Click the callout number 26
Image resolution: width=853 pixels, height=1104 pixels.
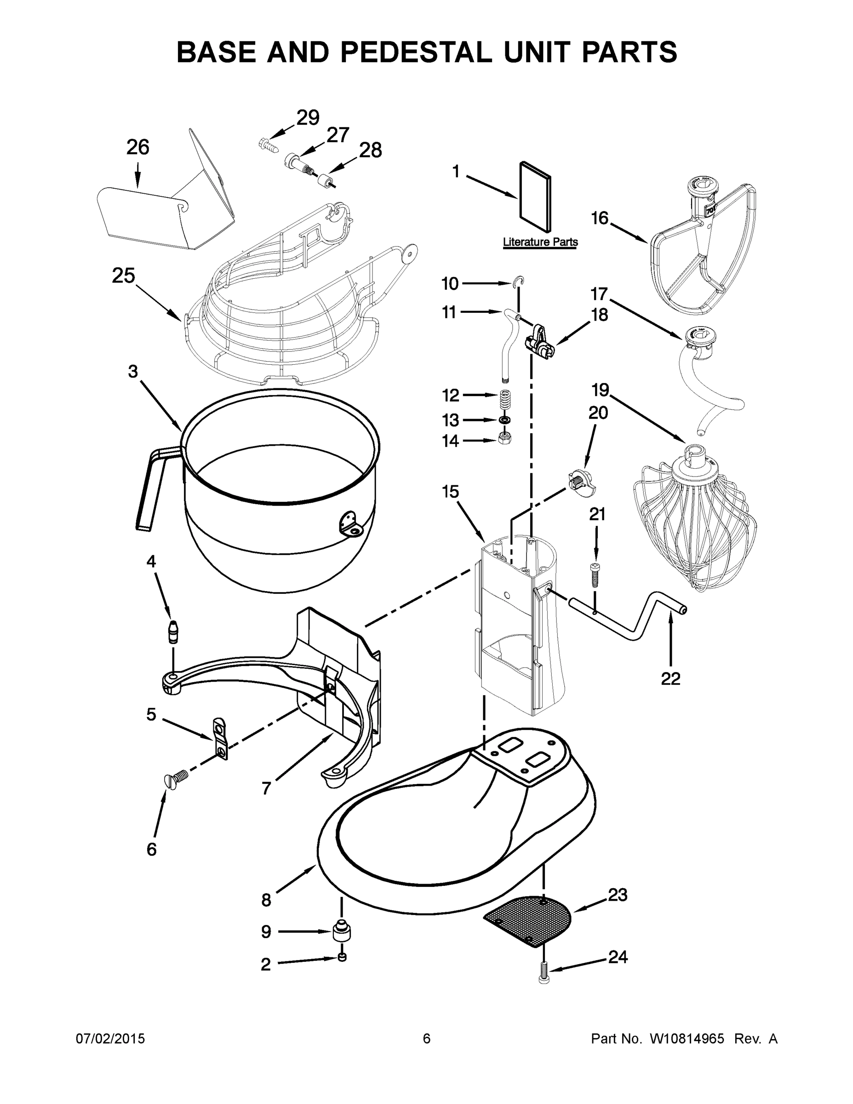pos(137,148)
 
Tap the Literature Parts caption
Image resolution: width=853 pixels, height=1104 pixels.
pos(540,242)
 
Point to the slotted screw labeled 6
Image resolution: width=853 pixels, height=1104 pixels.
pos(175,777)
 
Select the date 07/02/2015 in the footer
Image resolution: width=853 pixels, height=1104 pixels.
pos(110,1039)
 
